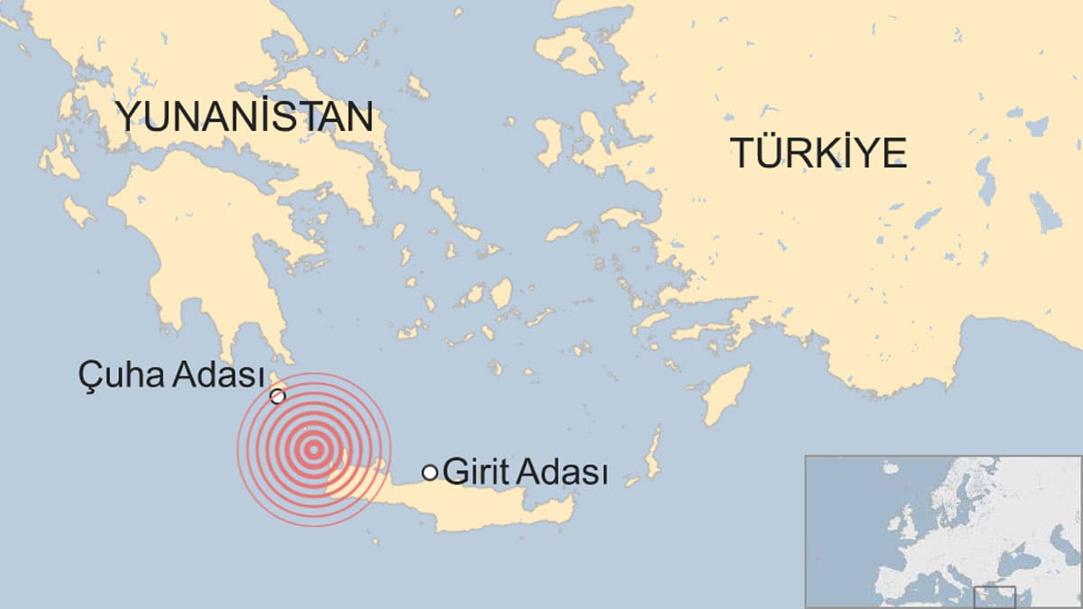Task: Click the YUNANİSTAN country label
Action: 244,116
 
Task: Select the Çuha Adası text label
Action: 171,374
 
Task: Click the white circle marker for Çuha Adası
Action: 278,396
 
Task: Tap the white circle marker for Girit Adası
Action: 430,472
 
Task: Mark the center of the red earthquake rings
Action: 314,448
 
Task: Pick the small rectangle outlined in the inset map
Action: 994,596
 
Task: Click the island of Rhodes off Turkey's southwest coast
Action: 727,394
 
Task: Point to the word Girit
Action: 474,472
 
